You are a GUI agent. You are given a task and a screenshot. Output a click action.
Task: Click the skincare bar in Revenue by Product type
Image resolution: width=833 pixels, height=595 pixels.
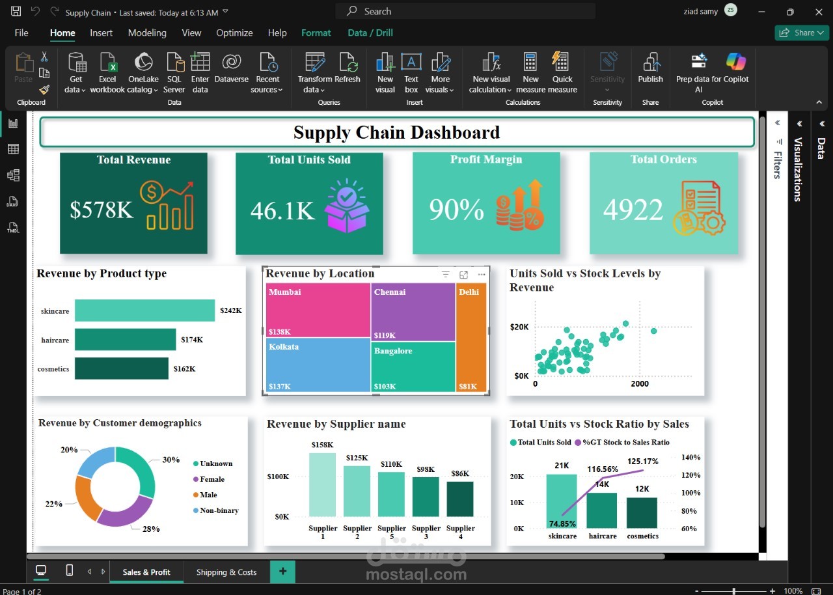[x=144, y=311]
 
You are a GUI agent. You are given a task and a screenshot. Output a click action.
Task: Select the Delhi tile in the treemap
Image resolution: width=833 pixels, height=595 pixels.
[x=471, y=339]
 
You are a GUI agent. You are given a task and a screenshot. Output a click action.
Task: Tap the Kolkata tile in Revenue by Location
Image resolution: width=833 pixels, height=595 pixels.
[x=318, y=366]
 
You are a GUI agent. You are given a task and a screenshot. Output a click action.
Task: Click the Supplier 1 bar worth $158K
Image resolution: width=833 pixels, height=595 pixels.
[x=322, y=484]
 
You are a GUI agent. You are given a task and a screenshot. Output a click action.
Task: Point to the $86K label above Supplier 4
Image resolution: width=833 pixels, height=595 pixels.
[x=460, y=473]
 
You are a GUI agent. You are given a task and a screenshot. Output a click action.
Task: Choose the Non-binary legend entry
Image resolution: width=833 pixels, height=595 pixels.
[x=219, y=510]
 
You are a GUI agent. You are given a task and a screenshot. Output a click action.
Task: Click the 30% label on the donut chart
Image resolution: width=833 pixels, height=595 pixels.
[x=171, y=460]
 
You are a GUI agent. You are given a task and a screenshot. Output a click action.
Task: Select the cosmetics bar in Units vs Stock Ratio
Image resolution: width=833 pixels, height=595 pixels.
[x=642, y=512]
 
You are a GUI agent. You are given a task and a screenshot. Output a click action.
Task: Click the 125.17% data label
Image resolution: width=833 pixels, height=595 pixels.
[x=643, y=462]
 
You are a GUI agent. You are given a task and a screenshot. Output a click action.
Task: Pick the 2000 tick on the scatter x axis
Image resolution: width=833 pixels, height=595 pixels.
[x=639, y=384]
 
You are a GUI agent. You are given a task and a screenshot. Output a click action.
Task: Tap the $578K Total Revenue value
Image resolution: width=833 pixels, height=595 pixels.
[x=102, y=210]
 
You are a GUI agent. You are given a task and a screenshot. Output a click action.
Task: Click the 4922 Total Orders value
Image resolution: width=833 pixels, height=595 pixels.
[x=633, y=210]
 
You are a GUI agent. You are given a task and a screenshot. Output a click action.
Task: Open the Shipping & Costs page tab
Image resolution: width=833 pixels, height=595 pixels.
[x=226, y=572]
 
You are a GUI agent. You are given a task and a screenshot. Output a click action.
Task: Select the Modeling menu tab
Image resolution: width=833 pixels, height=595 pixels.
[x=147, y=33]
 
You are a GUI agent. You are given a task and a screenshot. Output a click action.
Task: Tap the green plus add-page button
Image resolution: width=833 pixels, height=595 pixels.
[x=282, y=572]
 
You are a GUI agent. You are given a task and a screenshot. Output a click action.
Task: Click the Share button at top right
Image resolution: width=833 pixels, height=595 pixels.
[x=801, y=33]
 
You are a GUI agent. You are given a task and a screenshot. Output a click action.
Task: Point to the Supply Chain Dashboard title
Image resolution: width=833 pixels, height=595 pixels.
[x=396, y=132]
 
